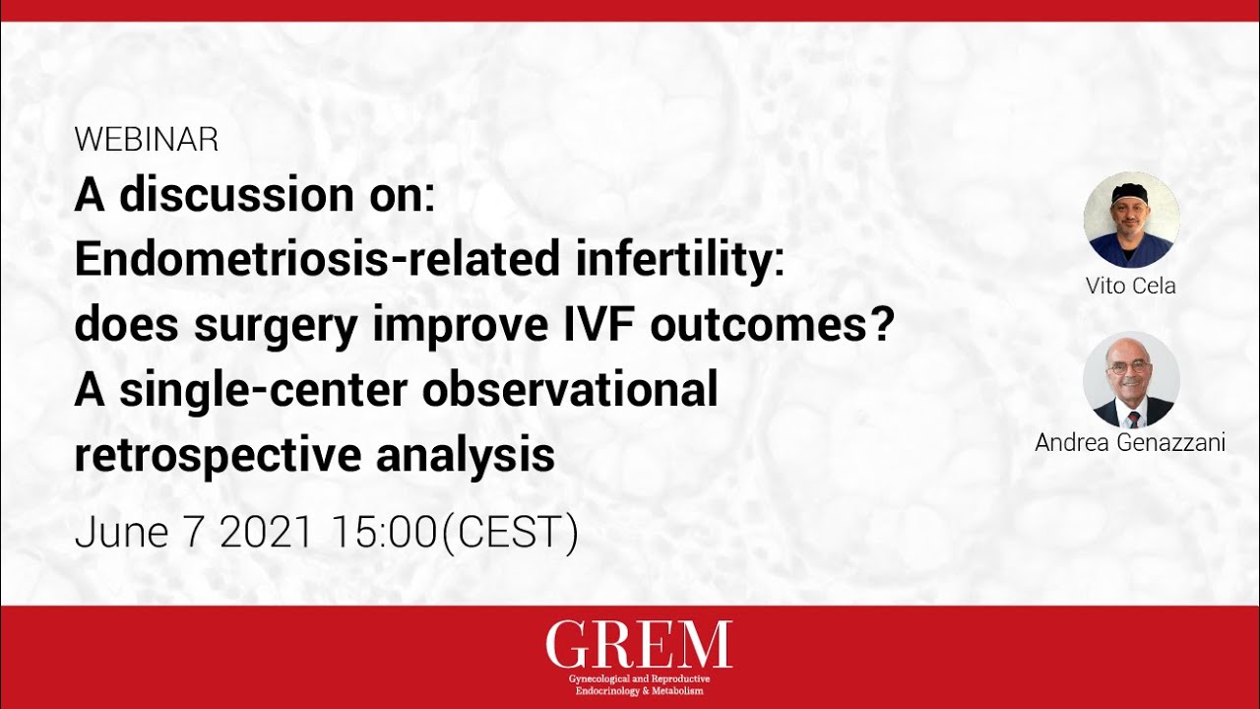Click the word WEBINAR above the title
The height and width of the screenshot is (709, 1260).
146,140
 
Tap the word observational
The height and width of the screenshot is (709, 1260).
570,391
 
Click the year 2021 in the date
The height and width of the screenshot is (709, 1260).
267,533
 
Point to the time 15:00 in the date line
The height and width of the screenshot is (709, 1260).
383,533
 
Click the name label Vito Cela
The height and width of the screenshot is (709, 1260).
1130,286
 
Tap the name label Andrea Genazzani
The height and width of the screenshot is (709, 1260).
1130,443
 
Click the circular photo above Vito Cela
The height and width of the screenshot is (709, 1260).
1131,220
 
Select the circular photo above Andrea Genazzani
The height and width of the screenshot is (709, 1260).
1131,379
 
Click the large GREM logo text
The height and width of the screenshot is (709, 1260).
639,645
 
